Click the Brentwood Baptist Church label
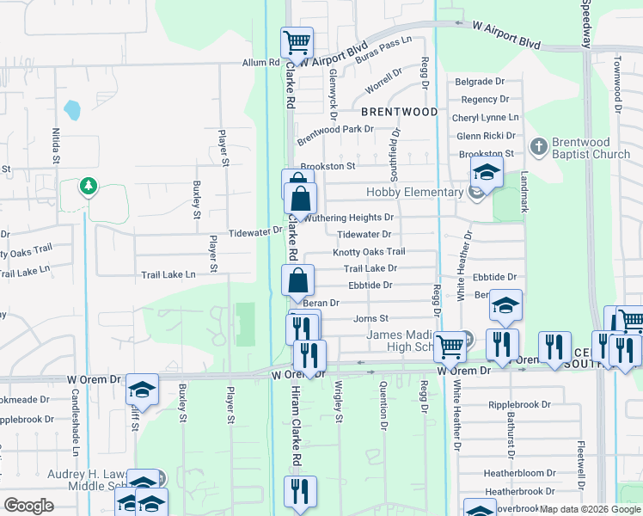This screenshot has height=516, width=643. tap(592, 148)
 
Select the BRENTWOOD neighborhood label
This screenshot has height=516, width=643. tap(398, 112)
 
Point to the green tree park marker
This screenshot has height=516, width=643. tap(88, 186)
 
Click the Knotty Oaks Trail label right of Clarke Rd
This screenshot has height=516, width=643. tap(369, 252)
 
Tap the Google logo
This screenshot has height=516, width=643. tap(28, 505)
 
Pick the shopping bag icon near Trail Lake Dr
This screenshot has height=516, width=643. tap(297, 279)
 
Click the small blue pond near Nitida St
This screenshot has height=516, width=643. tap(72, 110)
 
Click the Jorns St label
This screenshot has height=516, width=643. tap(371, 318)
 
